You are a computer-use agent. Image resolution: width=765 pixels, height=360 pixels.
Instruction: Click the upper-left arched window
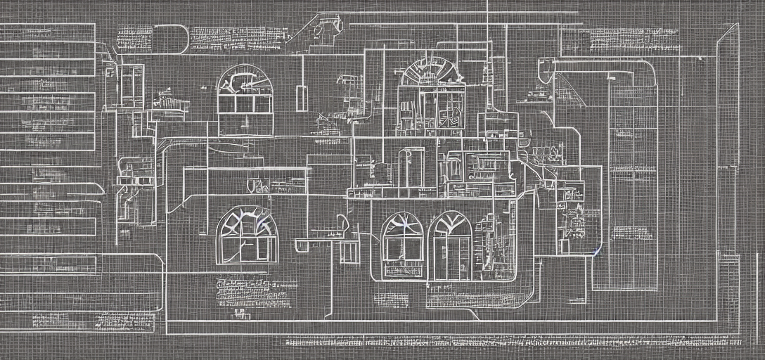point(245,98)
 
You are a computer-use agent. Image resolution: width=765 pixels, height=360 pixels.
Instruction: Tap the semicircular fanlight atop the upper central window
point(427,72)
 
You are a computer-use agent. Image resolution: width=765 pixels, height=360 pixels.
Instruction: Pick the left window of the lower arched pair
point(403,245)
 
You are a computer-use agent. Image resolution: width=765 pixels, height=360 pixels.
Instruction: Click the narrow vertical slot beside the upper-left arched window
point(302,98)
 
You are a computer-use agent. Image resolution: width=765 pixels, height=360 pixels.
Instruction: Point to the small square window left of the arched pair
point(349,252)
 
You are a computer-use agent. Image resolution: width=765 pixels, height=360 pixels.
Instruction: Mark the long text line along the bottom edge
point(513,342)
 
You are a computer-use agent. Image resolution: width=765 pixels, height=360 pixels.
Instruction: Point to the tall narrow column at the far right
point(728,176)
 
